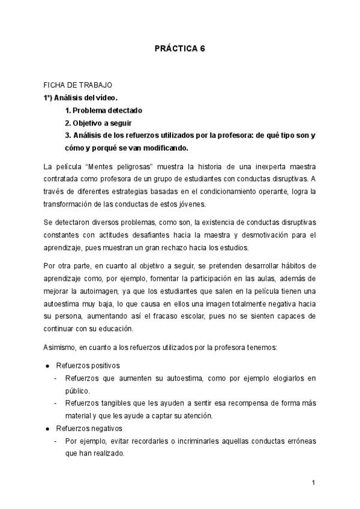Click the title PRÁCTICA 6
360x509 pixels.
click(180, 49)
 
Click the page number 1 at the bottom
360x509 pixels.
click(314, 482)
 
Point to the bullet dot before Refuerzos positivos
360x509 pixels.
click(47, 365)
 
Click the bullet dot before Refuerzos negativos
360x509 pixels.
click(47, 429)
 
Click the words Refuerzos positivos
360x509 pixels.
click(88, 365)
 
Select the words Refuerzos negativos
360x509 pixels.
click(89, 429)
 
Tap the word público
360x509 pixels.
click(78, 390)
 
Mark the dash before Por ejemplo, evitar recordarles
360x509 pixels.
click(56, 441)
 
